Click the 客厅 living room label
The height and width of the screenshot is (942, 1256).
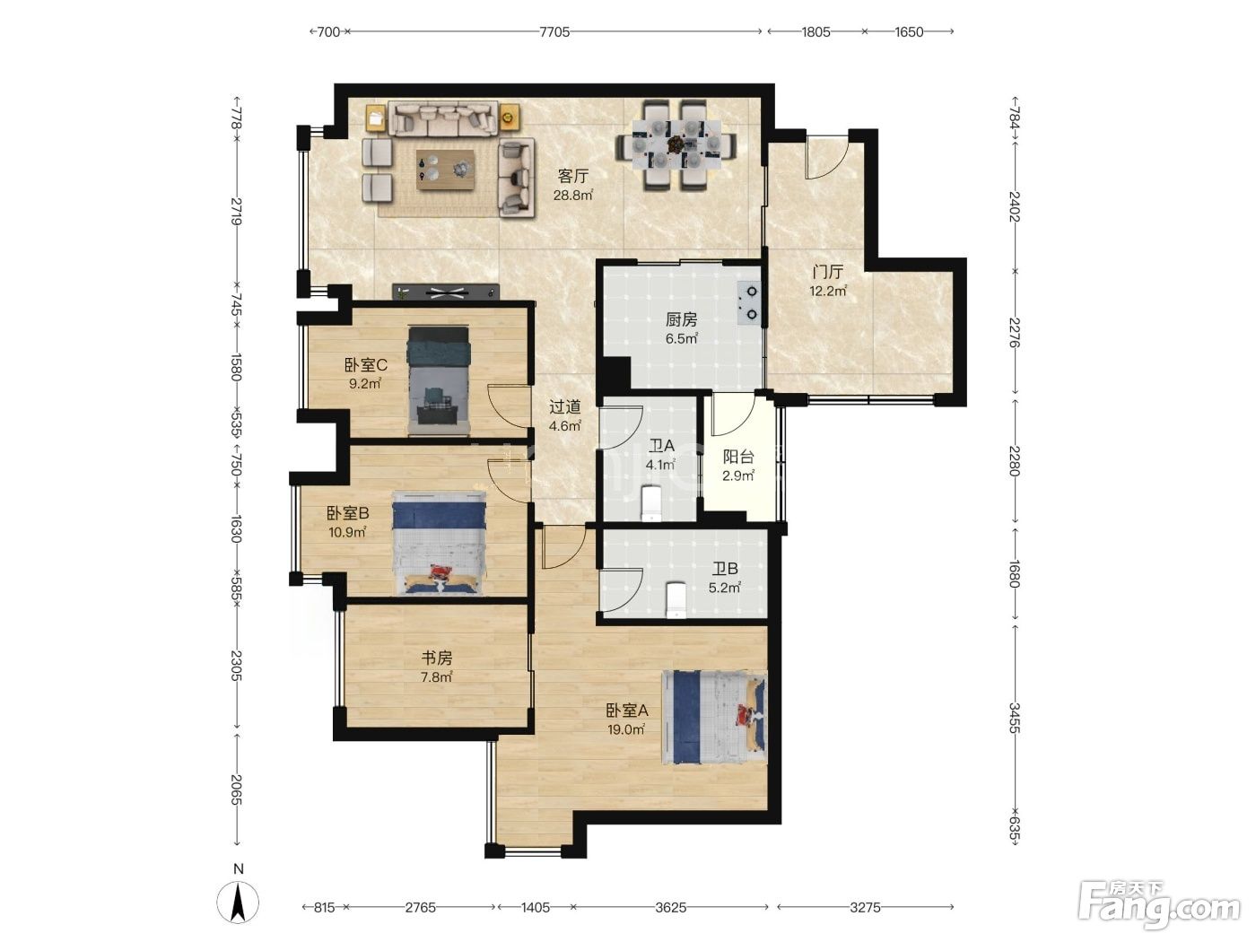[572, 176]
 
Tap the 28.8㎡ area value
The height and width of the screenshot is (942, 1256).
[572, 195]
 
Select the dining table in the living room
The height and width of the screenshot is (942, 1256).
[676, 145]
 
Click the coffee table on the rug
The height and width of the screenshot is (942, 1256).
[445, 170]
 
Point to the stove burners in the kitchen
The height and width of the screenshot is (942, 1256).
[750, 303]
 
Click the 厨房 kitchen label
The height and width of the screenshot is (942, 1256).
[682, 319]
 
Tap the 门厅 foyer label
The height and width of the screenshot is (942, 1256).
[827, 271]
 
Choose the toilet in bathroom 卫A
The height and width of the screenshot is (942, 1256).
[650, 503]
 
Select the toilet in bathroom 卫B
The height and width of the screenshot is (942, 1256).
[676, 599]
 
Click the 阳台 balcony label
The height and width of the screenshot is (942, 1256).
[738, 457]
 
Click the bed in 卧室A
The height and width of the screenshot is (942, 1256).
[714, 717]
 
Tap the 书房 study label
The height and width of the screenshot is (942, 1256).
[437, 658]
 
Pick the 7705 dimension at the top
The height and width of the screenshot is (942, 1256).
[554, 32]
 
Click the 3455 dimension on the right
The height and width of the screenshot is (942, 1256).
[1014, 719]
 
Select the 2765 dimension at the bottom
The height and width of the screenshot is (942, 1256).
[420, 907]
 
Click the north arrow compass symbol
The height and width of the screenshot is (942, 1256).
[238, 902]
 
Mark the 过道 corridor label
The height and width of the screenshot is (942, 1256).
[565, 406]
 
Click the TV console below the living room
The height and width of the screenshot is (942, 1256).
[446, 292]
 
